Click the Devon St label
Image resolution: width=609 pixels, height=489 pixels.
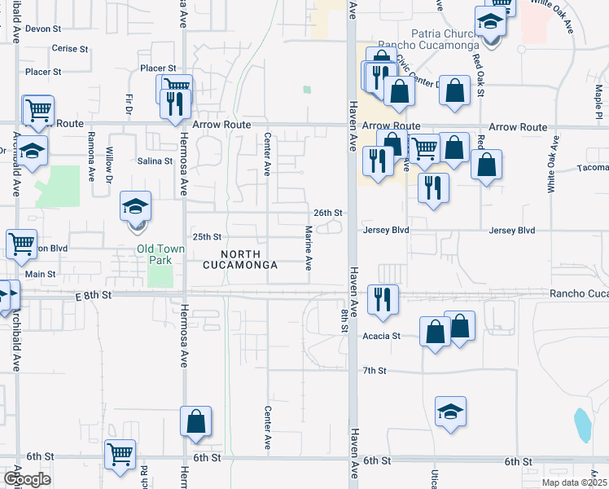coord(43,29)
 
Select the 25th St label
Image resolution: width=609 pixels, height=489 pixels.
coord(207,237)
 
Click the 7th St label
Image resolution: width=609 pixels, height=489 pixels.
coord(374,371)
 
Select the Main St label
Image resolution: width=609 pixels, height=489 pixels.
coord(40,275)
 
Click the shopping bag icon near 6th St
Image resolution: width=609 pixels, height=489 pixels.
coord(195,421)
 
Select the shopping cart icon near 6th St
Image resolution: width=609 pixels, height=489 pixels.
coord(120,454)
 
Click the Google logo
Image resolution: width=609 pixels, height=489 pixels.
coord(26,479)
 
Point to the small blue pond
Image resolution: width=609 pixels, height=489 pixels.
coord(582,424)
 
